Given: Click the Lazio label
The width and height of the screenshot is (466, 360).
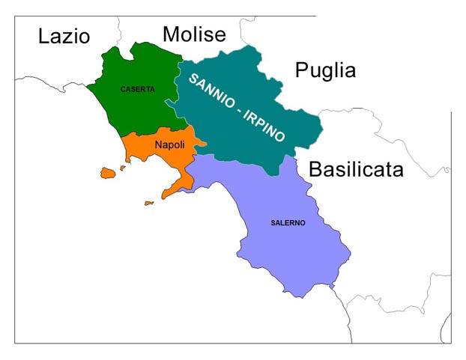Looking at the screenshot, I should [64, 36].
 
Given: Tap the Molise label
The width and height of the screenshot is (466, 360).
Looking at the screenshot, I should [194, 34].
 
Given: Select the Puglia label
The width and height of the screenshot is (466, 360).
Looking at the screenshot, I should [325, 70].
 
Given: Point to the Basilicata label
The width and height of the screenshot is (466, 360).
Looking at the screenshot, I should [356, 169].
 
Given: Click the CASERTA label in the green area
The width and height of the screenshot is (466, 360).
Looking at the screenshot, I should [137, 89].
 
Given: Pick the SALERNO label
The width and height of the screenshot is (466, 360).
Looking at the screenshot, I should [288, 223].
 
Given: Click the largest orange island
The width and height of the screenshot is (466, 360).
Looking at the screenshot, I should [109, 173].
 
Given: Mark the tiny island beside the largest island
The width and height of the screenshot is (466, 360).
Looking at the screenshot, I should [123, 168].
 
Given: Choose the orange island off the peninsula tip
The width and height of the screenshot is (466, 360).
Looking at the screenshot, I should [149, 203].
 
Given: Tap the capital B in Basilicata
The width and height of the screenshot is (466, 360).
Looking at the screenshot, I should [315, 169].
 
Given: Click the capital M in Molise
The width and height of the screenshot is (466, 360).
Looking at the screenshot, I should [170, 34].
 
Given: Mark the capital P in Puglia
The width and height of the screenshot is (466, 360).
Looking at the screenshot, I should [301, 70].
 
